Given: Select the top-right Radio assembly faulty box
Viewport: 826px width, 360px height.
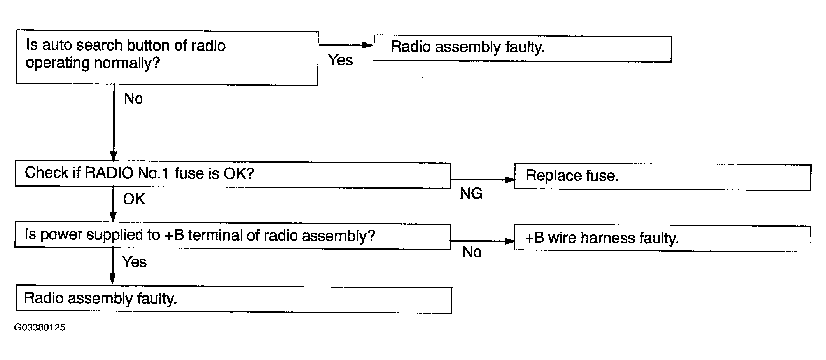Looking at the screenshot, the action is pos(522,49).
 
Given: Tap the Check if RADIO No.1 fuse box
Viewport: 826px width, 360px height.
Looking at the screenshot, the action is pos(233,175).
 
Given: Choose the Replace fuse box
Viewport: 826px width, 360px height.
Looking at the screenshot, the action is pos(663,177).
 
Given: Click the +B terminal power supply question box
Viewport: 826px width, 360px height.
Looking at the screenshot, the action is pos(233,236).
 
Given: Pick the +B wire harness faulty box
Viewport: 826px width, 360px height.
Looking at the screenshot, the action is pos(662,238).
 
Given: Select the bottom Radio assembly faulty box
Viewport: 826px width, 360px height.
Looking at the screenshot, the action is pos(234,299).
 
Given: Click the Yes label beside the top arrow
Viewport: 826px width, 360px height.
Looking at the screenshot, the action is pos(341,60).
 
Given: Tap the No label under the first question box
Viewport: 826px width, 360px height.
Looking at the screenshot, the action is pos(133,99).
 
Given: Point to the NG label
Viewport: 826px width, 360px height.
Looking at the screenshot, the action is pos(471,194).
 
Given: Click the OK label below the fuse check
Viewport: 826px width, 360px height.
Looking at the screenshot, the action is pos(134,199).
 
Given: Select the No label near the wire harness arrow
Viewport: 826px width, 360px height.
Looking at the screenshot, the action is pos(472,252).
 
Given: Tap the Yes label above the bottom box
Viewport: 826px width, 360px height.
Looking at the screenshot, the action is pos(135,262).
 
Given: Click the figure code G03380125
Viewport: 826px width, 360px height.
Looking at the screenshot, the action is pos(40,327).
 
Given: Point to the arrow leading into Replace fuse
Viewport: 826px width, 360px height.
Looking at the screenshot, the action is pos(483,180).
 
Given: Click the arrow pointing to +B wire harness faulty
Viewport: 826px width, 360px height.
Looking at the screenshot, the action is pos(482,241).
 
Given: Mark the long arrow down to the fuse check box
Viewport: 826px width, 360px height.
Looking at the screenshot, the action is pos(114,123).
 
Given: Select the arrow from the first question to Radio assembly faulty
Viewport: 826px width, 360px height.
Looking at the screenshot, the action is pos(346,45).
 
